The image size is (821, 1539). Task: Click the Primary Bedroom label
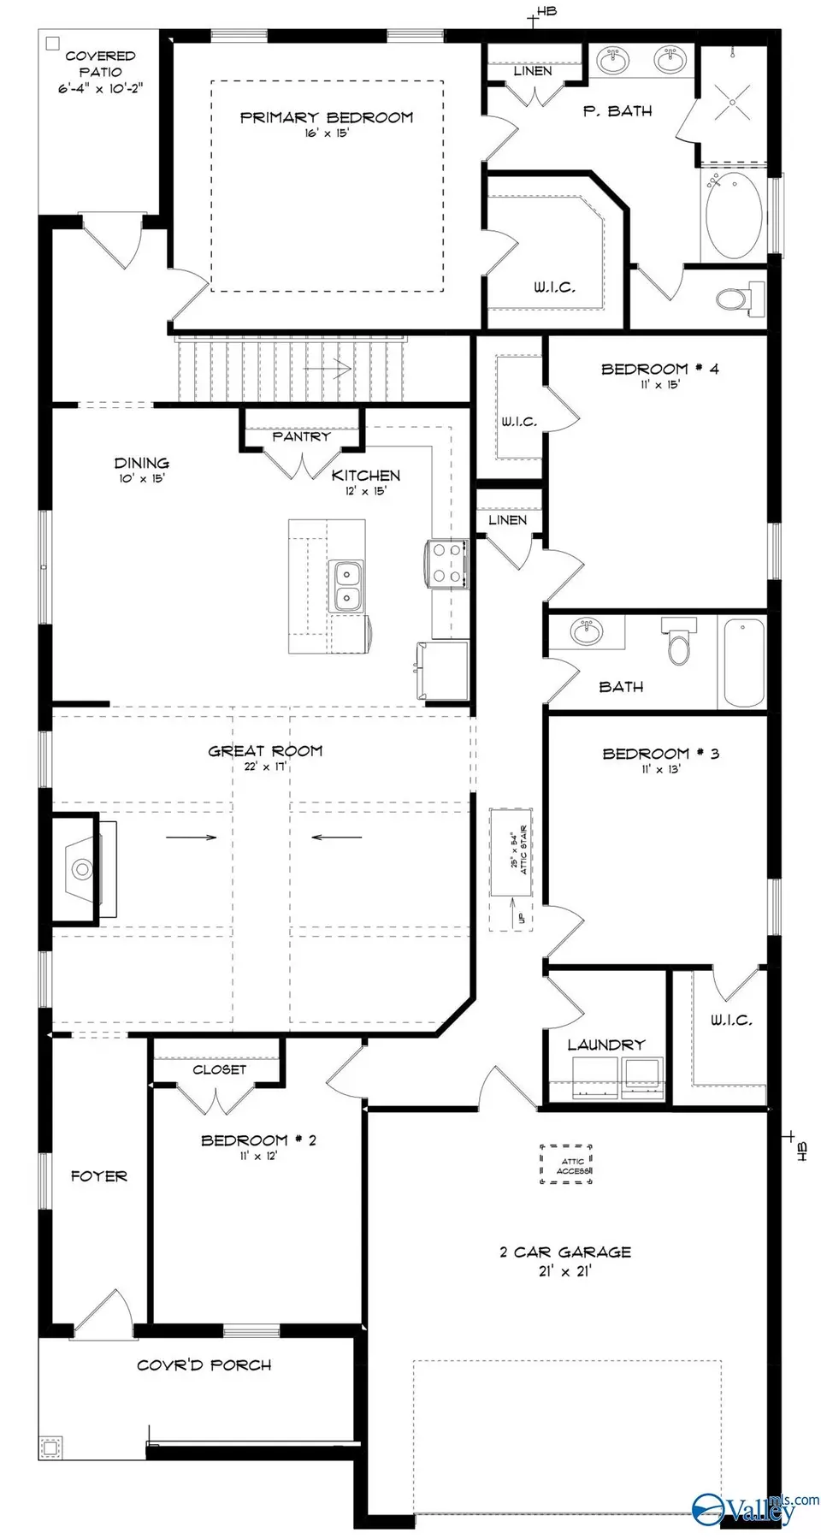[326, 117]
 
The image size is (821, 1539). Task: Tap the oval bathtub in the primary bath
[734, 216]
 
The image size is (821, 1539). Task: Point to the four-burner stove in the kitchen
[446, 564]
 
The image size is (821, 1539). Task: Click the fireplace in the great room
[83, 869]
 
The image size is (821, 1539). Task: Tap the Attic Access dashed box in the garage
[566, 1164]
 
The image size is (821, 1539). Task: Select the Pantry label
[301, 436]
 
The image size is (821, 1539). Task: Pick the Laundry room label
[605, 1045]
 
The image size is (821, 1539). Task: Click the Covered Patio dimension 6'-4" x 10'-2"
[100, 88]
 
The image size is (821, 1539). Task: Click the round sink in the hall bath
[586, 633]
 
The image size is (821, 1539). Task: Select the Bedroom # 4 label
[659, 369]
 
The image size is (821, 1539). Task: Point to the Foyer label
[98, 1176]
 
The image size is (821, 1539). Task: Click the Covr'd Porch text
[204, 1365]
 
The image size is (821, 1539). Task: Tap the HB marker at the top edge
[545, 12]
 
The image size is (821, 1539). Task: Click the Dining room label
[142, 463]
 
